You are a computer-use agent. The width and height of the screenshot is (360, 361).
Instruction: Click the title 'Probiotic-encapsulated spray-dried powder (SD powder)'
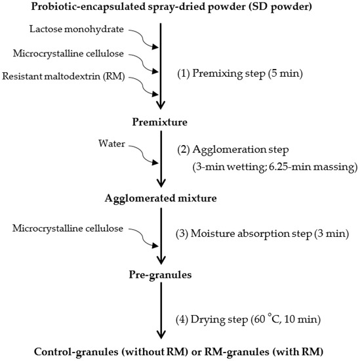(180, 8)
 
